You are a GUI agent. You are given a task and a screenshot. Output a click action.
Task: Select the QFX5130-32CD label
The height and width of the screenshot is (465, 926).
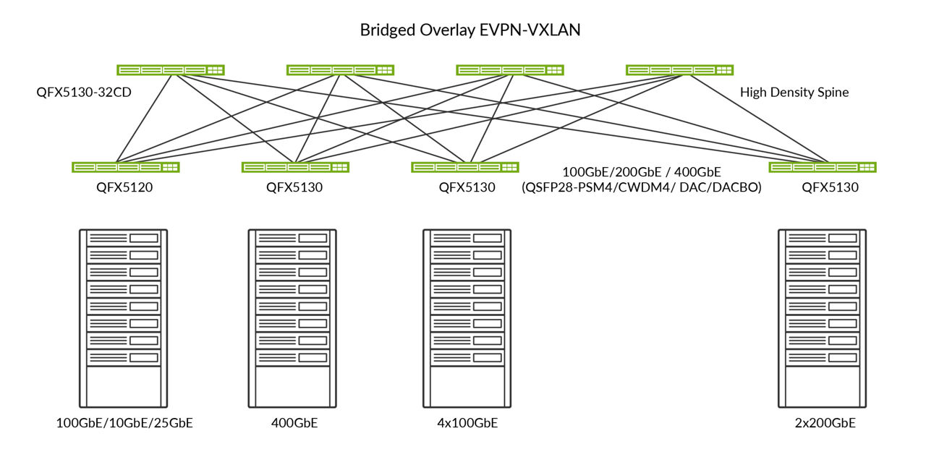click(83, 93)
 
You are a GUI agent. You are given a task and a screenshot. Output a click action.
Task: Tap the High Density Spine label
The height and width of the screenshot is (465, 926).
click(794, 93)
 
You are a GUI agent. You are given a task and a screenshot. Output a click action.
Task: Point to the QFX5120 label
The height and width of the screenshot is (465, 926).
click(125, 187)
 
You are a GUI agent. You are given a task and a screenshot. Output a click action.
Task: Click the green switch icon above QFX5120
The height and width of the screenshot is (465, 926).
click(126, 167)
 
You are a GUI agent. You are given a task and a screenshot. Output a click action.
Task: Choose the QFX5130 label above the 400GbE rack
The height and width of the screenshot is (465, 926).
click(294, 187)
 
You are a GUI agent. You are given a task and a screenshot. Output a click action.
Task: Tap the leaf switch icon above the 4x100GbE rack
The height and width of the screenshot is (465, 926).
click(465, 167)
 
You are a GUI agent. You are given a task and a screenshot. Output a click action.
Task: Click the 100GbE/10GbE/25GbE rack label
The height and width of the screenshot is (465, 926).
click(124, 423)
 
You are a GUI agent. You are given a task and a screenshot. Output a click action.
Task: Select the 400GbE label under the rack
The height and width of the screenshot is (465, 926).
click(293, 423)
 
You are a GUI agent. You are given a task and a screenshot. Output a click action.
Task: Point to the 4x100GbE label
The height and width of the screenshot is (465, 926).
click(467, 423)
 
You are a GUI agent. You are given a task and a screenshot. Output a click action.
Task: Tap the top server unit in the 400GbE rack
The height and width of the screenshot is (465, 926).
click(292, 238)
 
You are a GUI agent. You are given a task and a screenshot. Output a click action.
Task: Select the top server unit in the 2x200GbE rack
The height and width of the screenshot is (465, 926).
click(822, 238)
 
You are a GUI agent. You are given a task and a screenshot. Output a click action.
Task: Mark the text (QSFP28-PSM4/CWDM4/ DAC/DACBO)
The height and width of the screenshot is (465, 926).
click(641, 187)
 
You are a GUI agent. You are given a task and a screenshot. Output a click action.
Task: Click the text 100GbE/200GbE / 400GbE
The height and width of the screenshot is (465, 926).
click(641, 172)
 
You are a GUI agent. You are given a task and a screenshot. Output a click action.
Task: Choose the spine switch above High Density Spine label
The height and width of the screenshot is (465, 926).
click(679, 70)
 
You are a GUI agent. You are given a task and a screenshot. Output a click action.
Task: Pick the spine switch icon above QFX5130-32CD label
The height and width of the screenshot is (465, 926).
click(171, 70)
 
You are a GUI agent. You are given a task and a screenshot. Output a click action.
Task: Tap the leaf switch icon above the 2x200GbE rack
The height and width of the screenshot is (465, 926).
click(823, 167)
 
